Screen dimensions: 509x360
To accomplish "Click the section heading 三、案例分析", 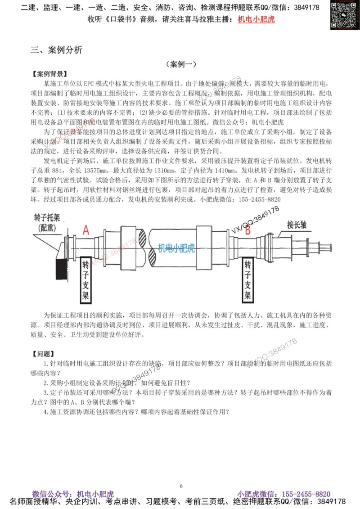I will coord(57,50).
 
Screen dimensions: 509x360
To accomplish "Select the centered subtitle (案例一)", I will coord(180,64).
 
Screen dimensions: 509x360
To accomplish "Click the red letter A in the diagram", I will coord(86,230).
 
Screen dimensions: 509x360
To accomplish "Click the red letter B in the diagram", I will coord(247,230).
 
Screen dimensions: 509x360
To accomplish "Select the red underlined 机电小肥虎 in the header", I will coord(256,19).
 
